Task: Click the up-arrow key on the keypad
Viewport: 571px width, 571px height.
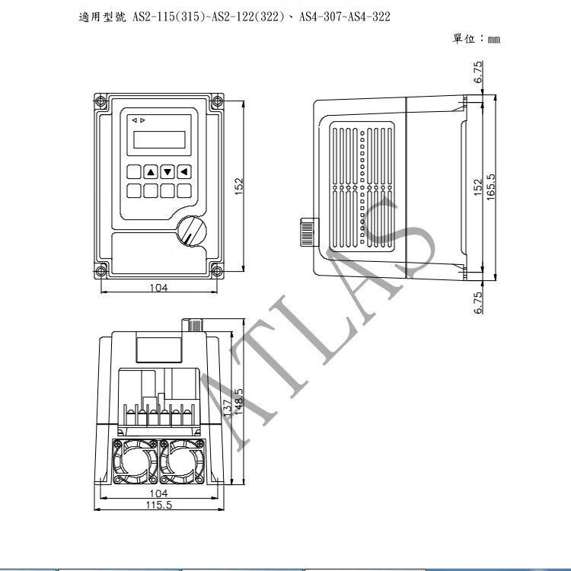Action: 151,171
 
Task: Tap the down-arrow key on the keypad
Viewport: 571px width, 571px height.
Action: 167,171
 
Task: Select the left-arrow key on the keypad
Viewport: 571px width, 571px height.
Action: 184,171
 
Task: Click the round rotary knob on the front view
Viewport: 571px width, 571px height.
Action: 192,231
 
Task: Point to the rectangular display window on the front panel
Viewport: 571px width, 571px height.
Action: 159,139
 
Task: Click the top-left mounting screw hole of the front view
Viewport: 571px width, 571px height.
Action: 100,100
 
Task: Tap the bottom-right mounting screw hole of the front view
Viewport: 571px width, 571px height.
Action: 217,271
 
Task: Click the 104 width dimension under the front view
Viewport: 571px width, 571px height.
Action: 159,288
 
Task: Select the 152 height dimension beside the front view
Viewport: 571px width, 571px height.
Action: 238,186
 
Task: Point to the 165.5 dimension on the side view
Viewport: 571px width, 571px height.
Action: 491,187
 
